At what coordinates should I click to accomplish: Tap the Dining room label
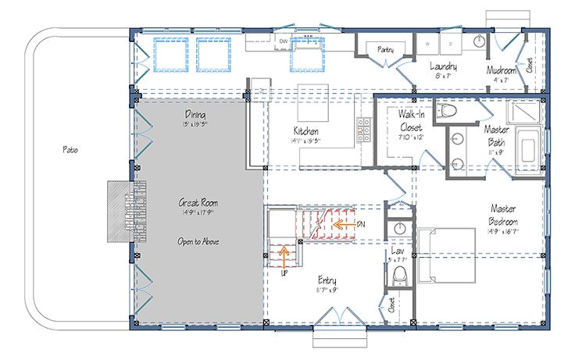[x=195, y=115]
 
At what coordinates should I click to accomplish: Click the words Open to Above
[x=197, y=241]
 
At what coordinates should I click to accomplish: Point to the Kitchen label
[x=305, y=130]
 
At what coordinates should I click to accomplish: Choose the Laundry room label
[x=442, y=67]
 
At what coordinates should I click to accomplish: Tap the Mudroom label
[x=498, y=68]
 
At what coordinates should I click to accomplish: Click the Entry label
[x=327, y=279]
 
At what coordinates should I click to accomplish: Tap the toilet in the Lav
[x=400, y=275]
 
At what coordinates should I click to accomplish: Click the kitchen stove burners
[x=363, y=130]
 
